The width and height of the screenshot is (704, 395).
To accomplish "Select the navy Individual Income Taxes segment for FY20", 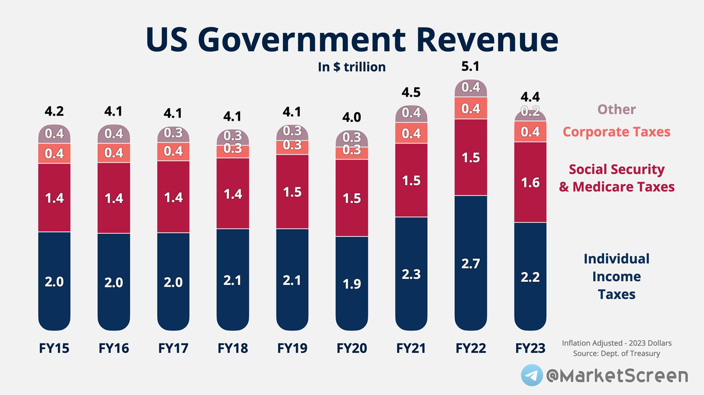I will click(x=351, y=284).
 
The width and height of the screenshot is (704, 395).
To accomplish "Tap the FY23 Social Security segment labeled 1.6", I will click(x=530, y=183).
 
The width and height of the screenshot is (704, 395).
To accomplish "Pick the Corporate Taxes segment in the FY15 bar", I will click(x=54, y=154).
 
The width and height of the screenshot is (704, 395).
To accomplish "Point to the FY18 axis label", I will click(x=232, y=349).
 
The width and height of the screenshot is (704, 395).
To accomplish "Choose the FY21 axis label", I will click(x=411, y=349).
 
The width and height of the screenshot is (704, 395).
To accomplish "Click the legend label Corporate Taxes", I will click(x=616, y=132).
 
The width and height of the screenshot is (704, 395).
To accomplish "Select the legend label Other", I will click(x=617, y=110).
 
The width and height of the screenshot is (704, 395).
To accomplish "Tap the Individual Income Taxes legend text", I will click(x=617, y=276).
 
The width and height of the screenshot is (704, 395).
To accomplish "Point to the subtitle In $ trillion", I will click(x=351, y=67).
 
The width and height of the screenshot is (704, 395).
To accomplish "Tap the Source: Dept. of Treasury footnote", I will click(x=617, y=353).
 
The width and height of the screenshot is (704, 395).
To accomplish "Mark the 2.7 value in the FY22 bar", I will click(x=471, y=264).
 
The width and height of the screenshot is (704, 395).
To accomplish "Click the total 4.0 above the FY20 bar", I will click(x=351, y=117).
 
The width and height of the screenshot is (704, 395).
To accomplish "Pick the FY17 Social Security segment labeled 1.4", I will click(x=173, y=197).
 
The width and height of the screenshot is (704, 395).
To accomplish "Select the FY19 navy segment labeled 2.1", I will click(x=292, y=280).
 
